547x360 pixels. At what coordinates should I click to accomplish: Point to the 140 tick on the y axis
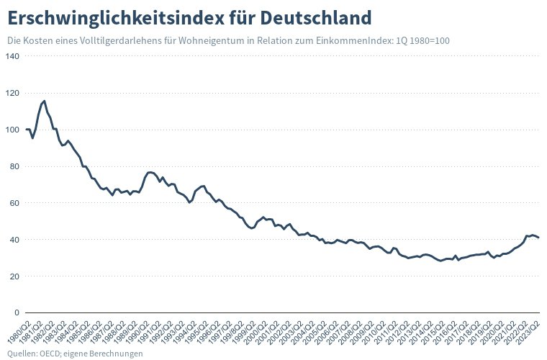pyautogui.click(x=13, y=57)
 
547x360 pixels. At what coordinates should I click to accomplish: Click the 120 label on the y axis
pyautogui.click(x=13, y=94)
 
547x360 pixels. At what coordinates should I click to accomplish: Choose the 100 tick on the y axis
pyautogui.click(x=13, y=130)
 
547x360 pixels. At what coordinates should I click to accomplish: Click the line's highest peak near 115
pyautogui.click(x=45, y=101)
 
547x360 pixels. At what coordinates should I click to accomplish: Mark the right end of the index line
pyautogui.click(x=538, y=238)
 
